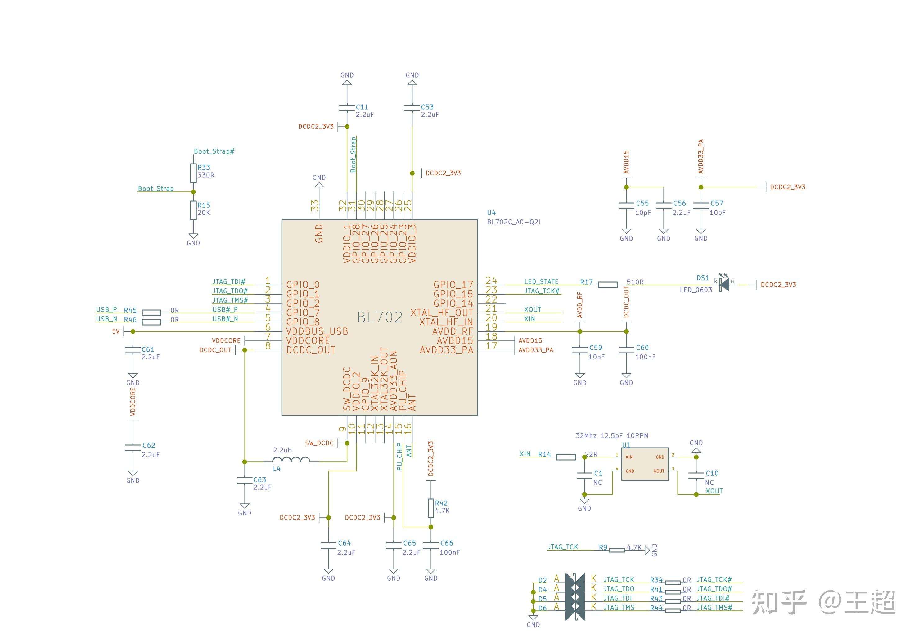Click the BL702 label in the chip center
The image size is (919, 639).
[x=380, y=317]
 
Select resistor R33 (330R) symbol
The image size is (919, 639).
[x=193, y=173]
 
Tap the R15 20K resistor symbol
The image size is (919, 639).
[x=193, y=210]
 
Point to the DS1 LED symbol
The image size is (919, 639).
[x=724, y=285]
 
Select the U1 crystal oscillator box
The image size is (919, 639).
[x=645, y=463]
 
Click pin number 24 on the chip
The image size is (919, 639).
[x=491, y=280]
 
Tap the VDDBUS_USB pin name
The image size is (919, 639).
[x=317, y=331]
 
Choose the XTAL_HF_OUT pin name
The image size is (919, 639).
[x=441, y=313]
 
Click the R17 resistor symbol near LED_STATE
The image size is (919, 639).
[x=608, y=285]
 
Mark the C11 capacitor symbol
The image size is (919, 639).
[x=347, y=108]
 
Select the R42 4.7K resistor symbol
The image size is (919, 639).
[x=431, y=508]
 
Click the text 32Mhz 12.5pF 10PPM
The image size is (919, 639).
[x=612, y=435]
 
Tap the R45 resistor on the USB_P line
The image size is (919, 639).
[x=152, y=313]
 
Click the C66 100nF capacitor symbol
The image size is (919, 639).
[x=431, y=545]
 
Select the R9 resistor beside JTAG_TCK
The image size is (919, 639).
[x=617, y=550]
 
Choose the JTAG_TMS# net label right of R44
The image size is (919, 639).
[x=714, y=607]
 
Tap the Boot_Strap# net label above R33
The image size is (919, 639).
[x=214, y=151]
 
